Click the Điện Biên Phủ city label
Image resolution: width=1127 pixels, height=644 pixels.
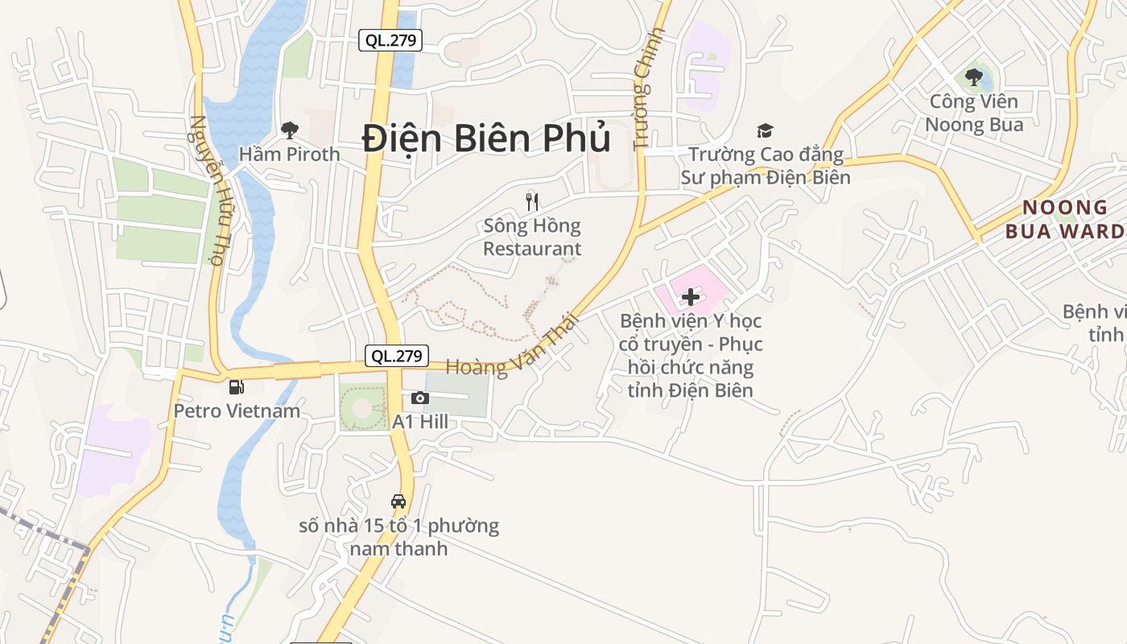(486, 138)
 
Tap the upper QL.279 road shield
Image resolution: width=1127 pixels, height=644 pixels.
(390, 39)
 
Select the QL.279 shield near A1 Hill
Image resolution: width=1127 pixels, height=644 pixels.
(397, 356)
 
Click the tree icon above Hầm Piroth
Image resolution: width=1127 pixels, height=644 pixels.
(289, 130)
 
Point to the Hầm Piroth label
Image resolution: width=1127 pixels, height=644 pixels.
(289, 154)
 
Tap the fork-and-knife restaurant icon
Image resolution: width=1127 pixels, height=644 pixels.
(531, 201)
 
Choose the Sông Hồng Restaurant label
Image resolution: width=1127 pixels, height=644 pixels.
(531, 237)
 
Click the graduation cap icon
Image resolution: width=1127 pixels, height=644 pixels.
(765, 130)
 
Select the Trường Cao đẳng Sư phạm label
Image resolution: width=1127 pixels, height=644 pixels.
(766, 166)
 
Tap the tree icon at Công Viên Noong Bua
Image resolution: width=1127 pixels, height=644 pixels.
(974, 78)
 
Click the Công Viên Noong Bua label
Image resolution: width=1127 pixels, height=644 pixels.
(974, 113)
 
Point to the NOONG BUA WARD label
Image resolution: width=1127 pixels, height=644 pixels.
(1064, 220)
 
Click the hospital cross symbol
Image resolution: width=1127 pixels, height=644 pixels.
(690, 297)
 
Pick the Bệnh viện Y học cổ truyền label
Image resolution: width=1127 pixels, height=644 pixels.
(690, 355)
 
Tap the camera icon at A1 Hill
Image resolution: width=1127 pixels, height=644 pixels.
(419, 398)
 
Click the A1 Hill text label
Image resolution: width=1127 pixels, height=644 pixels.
(419, 422)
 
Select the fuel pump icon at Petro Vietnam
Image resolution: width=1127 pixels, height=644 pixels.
(237, 387)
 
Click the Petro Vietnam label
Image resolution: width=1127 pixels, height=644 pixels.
(237, 411)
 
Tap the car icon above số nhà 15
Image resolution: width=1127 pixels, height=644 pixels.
(398, 501)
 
